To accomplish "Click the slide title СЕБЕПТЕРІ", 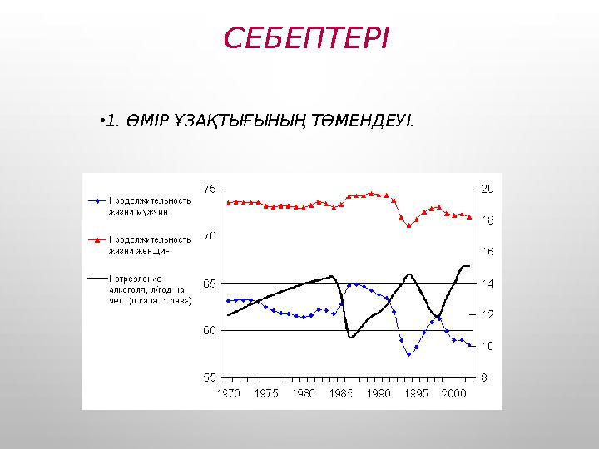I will tap(306, 39).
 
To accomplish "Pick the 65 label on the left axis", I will tap(210, 284).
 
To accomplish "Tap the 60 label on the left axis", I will tap(210, 330).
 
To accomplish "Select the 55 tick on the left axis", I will tap(210, 377).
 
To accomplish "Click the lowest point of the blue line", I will tap(408, 354).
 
